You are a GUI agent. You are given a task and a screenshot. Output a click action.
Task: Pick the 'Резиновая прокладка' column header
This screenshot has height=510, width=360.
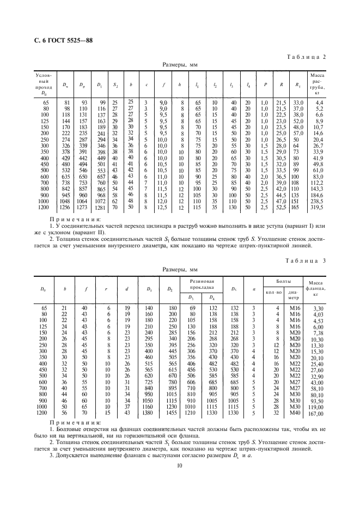202,283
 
